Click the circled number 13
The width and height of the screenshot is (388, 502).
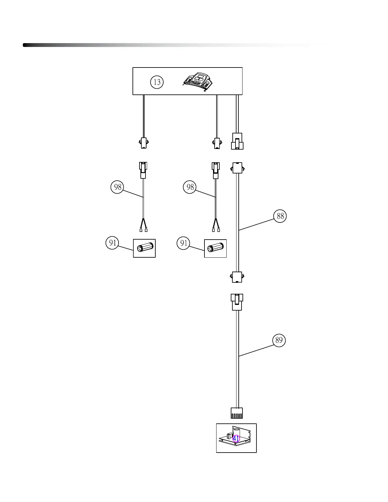point(157,82)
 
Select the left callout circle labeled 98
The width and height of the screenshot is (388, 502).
point(117,187)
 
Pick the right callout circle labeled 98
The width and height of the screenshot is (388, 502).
point(190,187)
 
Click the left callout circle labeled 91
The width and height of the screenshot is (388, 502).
point(112,243)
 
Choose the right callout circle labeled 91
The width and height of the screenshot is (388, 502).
point(184,243)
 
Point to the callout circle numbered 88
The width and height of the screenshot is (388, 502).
point(280,216)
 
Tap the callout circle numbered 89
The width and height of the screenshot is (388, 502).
point(279,340)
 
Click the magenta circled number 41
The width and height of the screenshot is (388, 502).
point(236,439)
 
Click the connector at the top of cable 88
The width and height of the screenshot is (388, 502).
point(237,168)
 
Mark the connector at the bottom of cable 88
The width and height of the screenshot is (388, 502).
point(237,277)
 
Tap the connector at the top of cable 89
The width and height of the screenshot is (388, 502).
point(237,302)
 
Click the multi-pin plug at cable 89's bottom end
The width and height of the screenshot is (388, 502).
point(236,413)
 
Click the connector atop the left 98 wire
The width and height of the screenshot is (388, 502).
point(144,170)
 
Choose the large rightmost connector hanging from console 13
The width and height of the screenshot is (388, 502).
point(237,141)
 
